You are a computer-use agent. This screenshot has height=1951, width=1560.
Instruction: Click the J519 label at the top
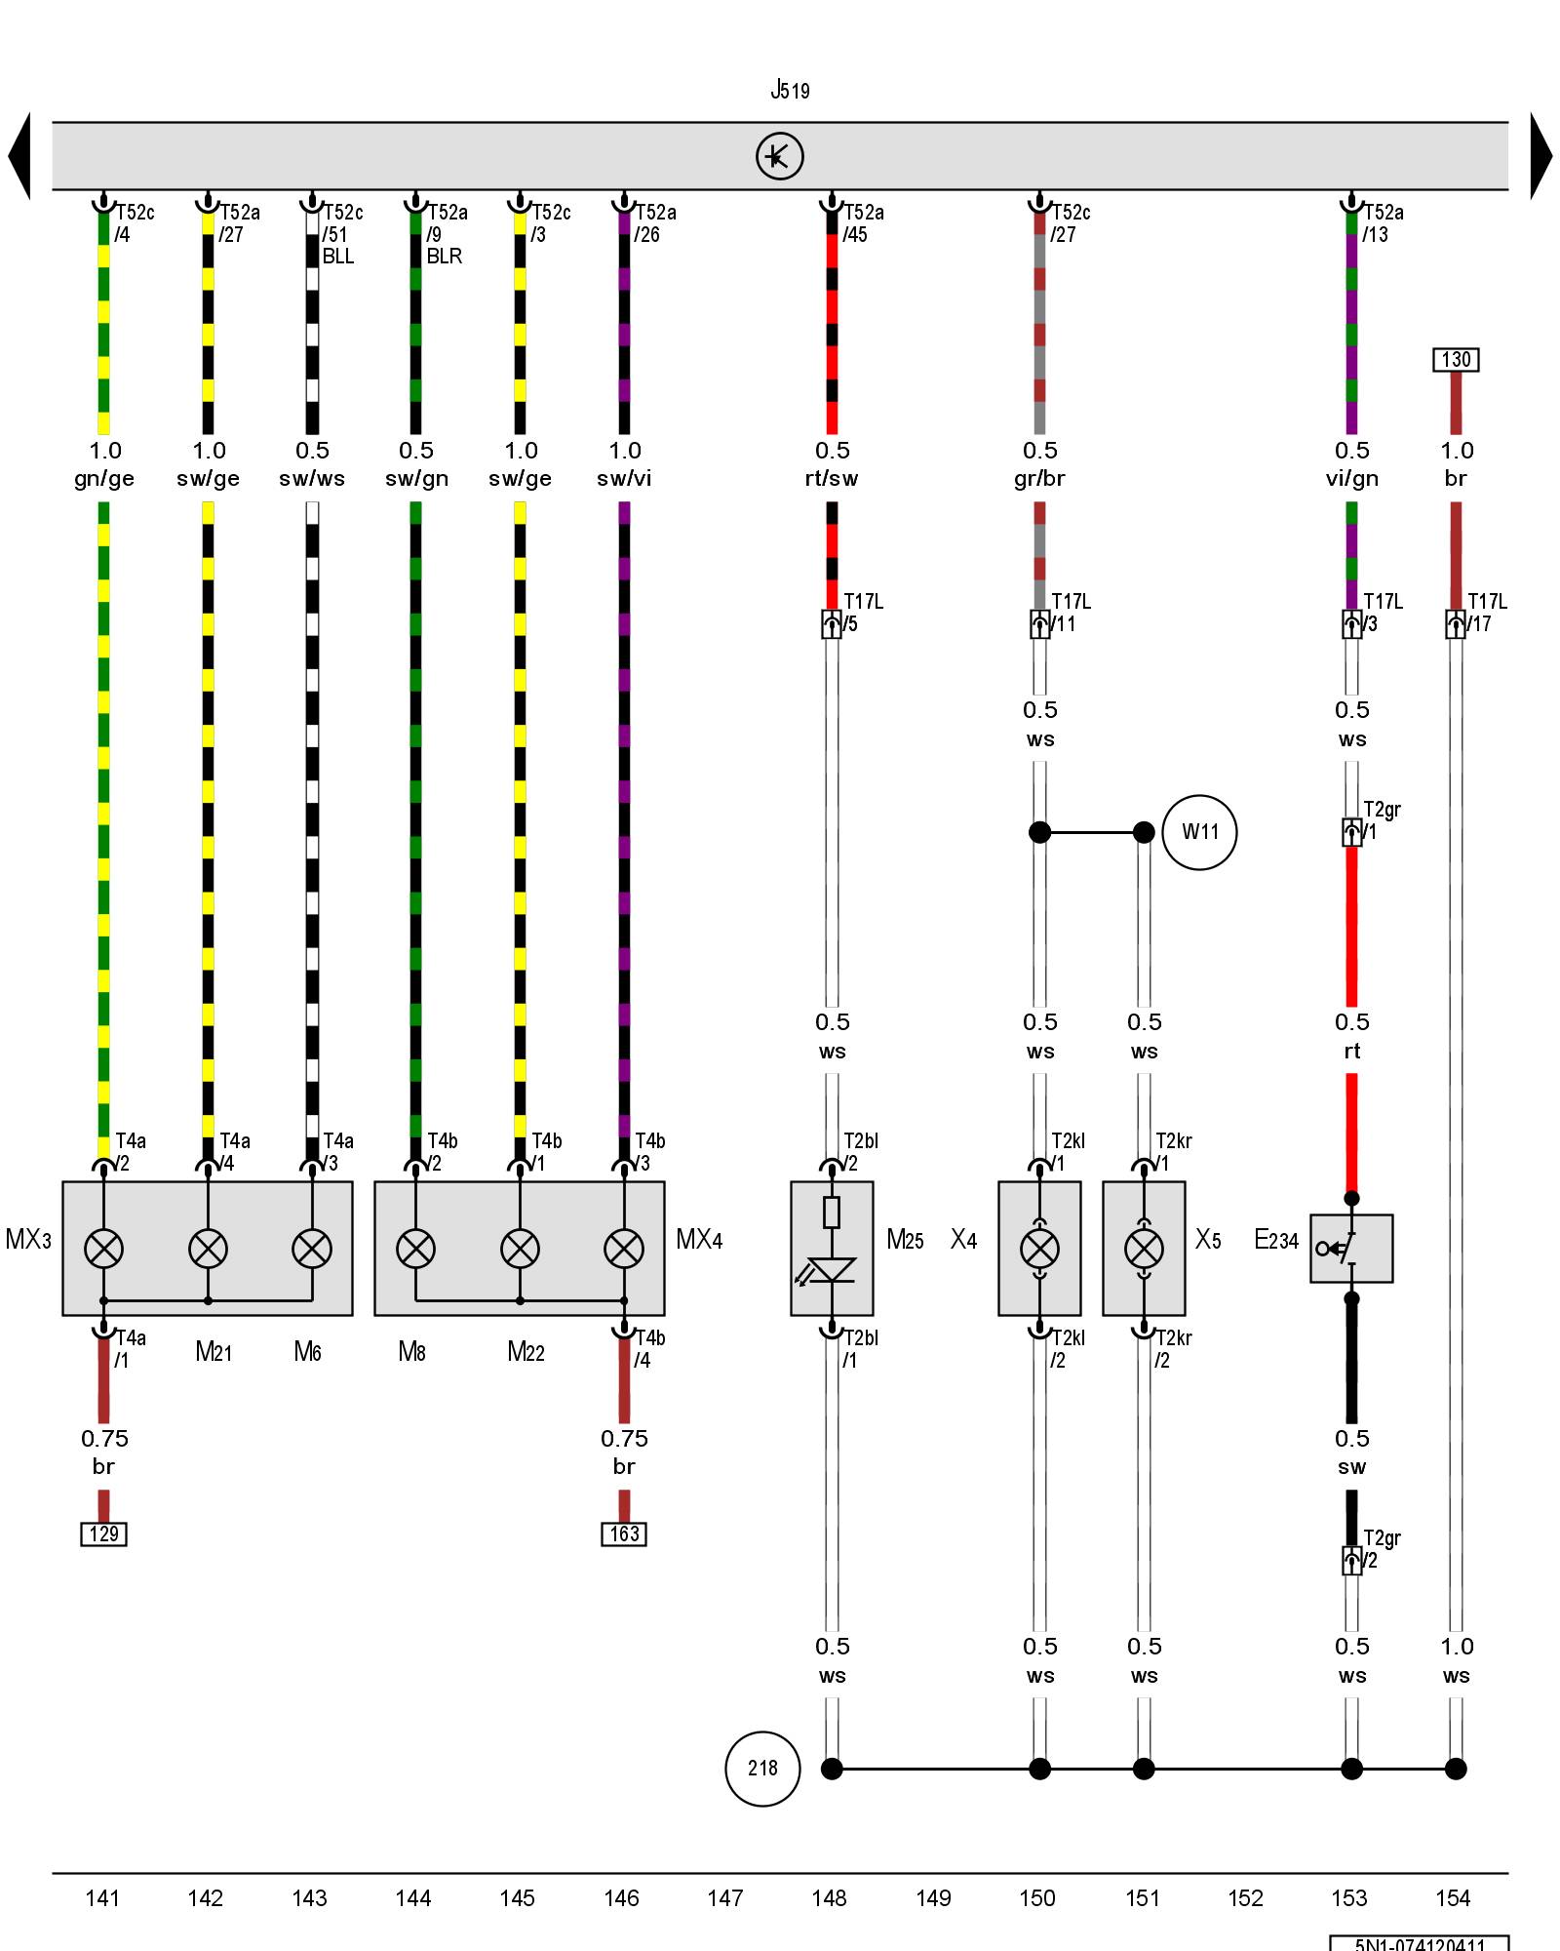pyautogui.click(x=790, y=91)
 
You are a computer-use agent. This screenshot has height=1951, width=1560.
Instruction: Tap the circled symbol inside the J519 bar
pyautogui.click(x=779, y=156)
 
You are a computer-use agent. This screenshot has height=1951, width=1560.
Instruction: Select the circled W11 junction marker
pyautogui.click(x=1199, y=832)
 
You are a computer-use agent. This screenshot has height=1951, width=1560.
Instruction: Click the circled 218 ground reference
pyautogui.click(x=762, y=1769)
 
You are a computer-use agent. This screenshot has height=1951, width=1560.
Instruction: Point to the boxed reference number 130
pyautogui.click(x=1456, y=360)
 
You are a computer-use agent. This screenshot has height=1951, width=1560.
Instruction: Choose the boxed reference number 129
pyautogui.click(x=103, y=1534)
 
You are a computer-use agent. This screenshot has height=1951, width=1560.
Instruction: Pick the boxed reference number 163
pyautogui.click(x=624, y=1534)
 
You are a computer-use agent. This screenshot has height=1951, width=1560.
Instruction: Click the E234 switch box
pyautogui.click(x=1351, y=1249)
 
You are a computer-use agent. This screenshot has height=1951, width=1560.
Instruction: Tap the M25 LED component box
pyautogui.click(x=832, y=1249)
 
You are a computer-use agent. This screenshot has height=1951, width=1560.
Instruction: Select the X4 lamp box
pyautogui.click(x=1039, y=1249)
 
